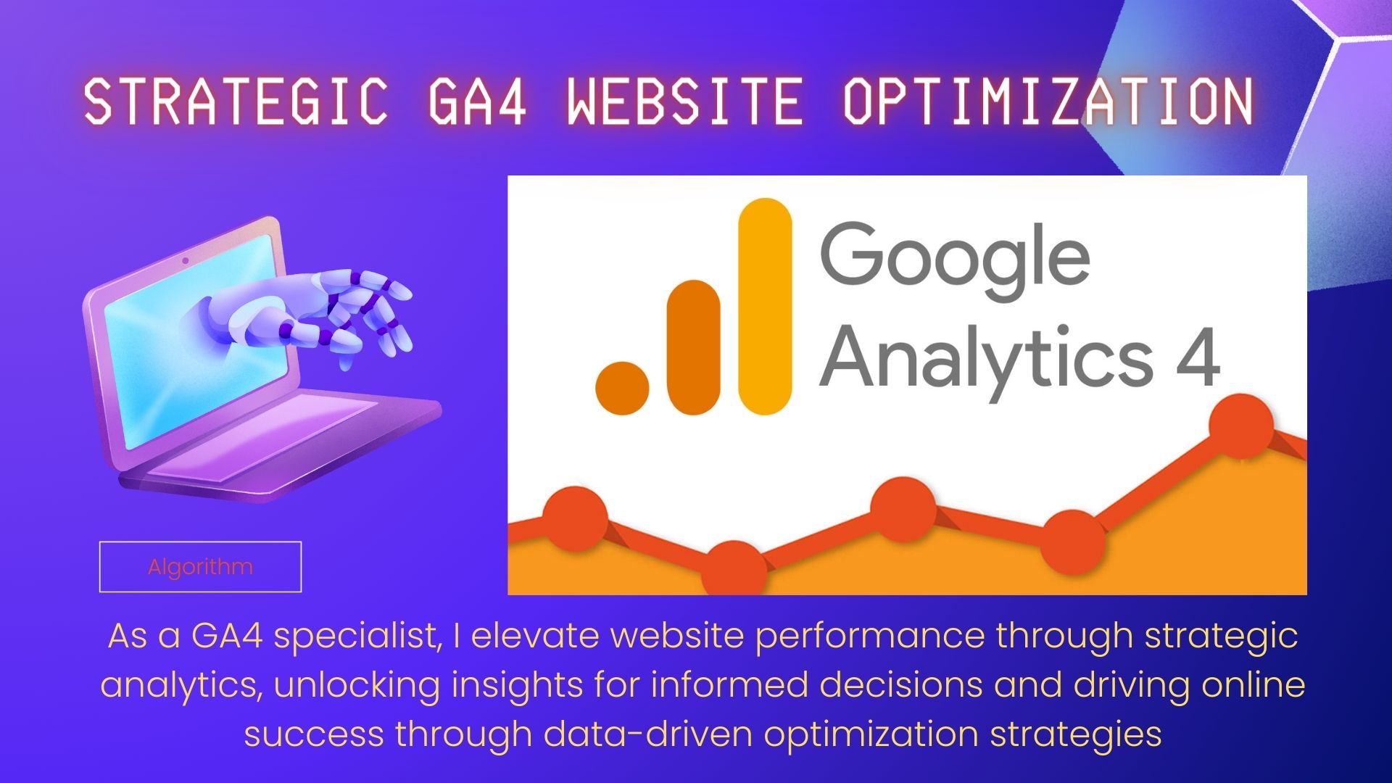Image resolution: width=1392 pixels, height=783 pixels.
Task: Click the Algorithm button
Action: [x=200, y=566]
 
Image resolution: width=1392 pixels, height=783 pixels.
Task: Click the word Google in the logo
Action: [x=955, y=259]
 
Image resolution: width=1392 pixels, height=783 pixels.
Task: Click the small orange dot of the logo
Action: [x=622, y=389]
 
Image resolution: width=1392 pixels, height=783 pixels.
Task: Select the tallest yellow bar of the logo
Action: [x=765, y=306]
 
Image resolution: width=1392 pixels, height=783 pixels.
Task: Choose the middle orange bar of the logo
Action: [x=693, y=347]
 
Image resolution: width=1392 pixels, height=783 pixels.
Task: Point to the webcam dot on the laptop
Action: [x=186, y=260]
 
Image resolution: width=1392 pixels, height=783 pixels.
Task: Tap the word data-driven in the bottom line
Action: [x=648, y=734]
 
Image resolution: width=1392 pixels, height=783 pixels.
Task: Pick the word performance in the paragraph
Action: [x=870, y=637]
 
